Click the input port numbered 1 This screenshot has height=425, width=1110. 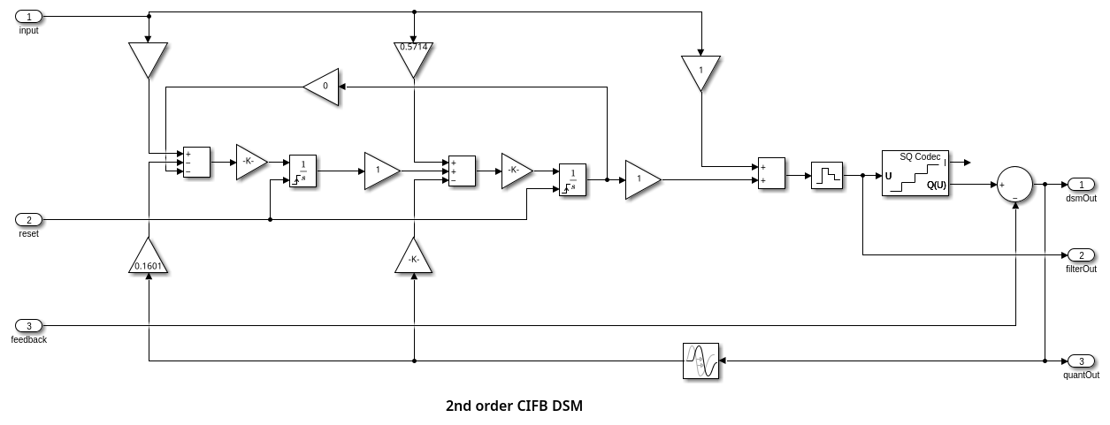tap(28, 17)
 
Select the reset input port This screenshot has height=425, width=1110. tap(28, 219)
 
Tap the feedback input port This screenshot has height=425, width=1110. tap(28, 326)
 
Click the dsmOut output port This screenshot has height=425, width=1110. tap(1081, 184)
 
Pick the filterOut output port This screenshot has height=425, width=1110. tap(1081, 255)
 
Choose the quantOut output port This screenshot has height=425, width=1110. tap(1081, 361)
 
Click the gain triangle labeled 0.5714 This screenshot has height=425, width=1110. tap(414, 57)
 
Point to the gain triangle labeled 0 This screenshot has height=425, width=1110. tap(323, 86)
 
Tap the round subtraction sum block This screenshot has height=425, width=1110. tap(1014, 185)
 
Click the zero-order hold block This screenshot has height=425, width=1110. tap(827, 175)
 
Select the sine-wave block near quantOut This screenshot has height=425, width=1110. tap(700, 361)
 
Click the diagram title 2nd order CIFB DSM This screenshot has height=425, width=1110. tap(514, 406)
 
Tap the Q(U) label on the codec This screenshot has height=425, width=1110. tap(936, 185)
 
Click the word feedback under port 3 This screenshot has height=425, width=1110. tap(29, 339)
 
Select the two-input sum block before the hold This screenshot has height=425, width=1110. tap(772, 173)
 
